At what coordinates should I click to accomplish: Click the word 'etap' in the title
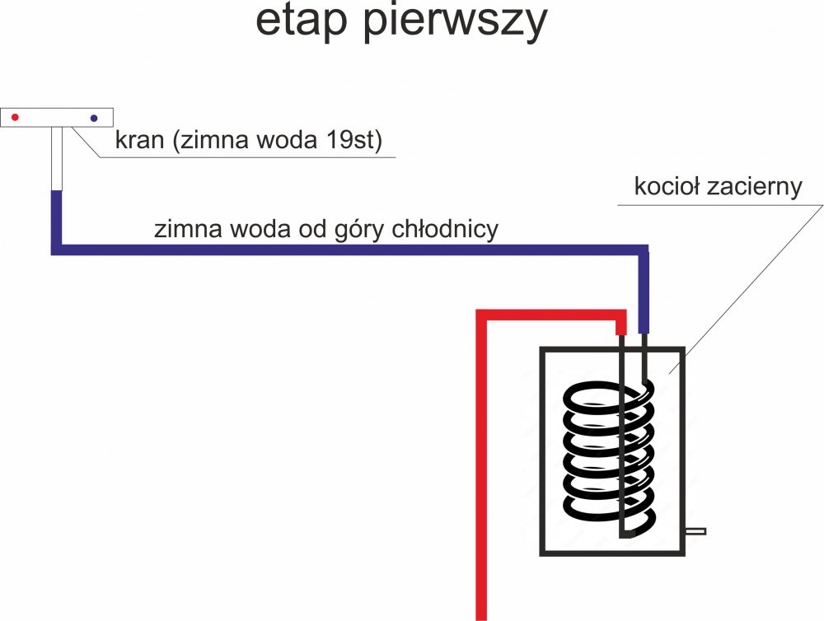click(x=300, y=23)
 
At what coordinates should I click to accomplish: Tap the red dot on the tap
click(x=15, y=118)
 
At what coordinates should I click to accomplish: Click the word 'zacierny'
click(x=756, y=186)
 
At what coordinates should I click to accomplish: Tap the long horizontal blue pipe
click(x=346, y=249)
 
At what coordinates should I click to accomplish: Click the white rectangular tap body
click(x=56, y=118)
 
